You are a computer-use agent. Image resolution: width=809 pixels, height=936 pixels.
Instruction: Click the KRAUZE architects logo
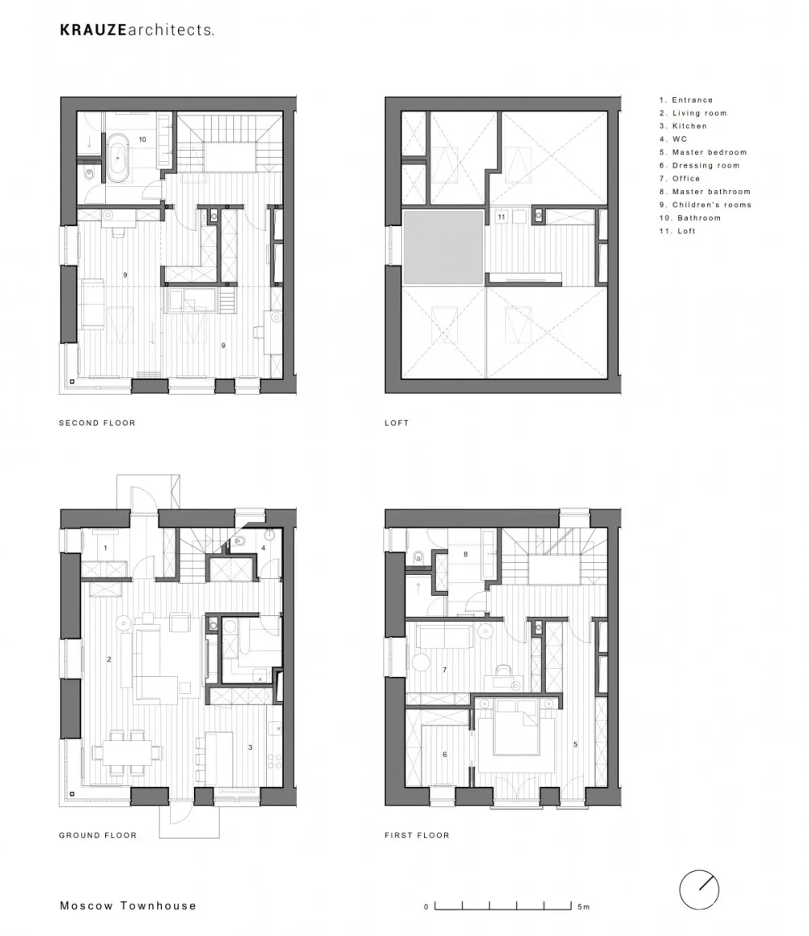point(137,30)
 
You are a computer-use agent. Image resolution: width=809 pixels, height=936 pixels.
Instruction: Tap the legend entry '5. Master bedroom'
point(703,152)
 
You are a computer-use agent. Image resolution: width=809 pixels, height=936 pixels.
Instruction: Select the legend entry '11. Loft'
point(677,231)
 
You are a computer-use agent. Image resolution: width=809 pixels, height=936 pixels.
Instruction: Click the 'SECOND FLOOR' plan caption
point(97,423)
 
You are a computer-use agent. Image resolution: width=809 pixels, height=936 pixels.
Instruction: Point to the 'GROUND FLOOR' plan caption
point(98,835)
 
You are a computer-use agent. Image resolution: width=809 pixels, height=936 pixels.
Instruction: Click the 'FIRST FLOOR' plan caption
point(417,835)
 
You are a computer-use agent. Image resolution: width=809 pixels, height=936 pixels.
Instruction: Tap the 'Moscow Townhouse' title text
point(128,905)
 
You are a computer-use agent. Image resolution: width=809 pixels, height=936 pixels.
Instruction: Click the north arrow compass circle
point(699,890)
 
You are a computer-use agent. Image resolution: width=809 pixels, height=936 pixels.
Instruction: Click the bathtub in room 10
point(117,158)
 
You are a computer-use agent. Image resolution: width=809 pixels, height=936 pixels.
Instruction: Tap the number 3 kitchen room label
point(250,747)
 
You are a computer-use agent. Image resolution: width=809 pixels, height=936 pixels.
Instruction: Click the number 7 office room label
point(444,670)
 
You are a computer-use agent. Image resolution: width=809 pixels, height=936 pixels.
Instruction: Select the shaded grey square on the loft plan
point(443,247)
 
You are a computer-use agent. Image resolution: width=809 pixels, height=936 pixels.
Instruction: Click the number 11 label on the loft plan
point(502,217)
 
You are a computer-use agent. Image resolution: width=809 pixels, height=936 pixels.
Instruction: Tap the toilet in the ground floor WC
point(239,542)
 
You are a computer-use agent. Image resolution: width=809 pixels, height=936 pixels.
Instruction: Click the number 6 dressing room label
point(444,755)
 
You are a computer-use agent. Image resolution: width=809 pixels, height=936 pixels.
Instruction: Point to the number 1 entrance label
point(106,547)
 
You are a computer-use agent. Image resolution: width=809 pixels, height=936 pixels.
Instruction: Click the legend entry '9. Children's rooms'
point(705,205)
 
